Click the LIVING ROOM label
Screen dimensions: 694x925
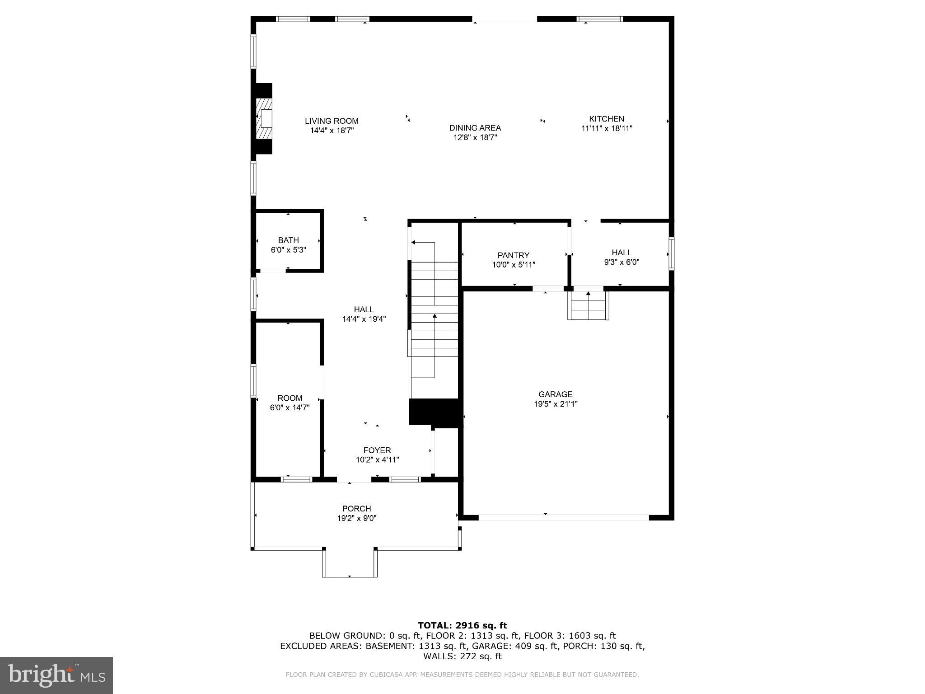click(x=332, y=121)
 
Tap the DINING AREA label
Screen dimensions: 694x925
click(x=475, y=128)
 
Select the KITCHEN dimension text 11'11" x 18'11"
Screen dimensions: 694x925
click(x=606, y=128)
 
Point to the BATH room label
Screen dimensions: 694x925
click(x=288, y=240)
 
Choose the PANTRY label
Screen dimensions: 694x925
click(x=513, y=255)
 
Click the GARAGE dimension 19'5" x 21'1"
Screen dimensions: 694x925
click(x=556, y=404)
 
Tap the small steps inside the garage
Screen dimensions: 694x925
click(x=588, y=305)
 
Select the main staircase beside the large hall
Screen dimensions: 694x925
click(x=434, y=312)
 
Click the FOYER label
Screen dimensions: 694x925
click(x=377, y=450)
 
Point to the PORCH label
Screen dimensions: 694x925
click(x=356, y=509)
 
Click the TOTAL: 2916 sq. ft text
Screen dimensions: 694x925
click(x=462, y=625)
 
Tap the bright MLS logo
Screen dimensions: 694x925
click(x=56, y=675)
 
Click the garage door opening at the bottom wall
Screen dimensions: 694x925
click(x=564, y=517)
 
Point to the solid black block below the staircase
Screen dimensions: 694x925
click(x=434, y=412)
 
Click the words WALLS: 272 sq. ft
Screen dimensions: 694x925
click(x=462, y=656)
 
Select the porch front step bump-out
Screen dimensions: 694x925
click(x=350, y=563)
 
